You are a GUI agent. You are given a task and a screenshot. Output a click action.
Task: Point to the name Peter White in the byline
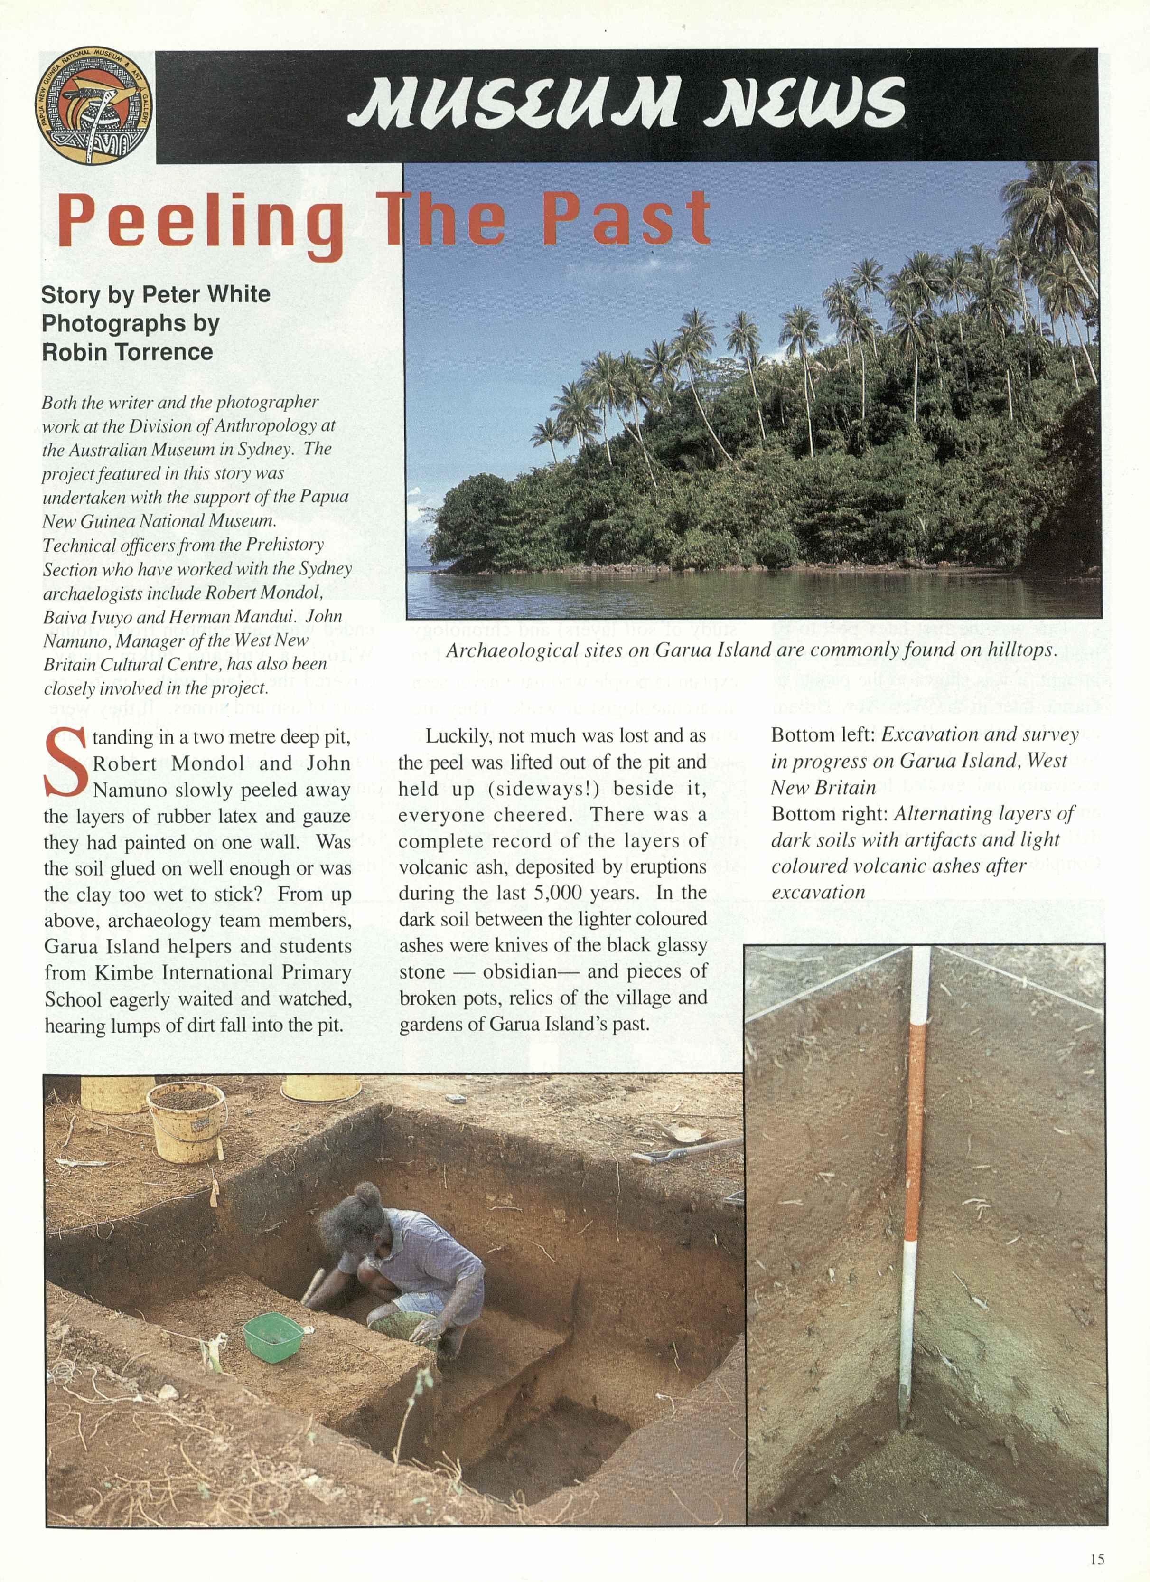(206, 294)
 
